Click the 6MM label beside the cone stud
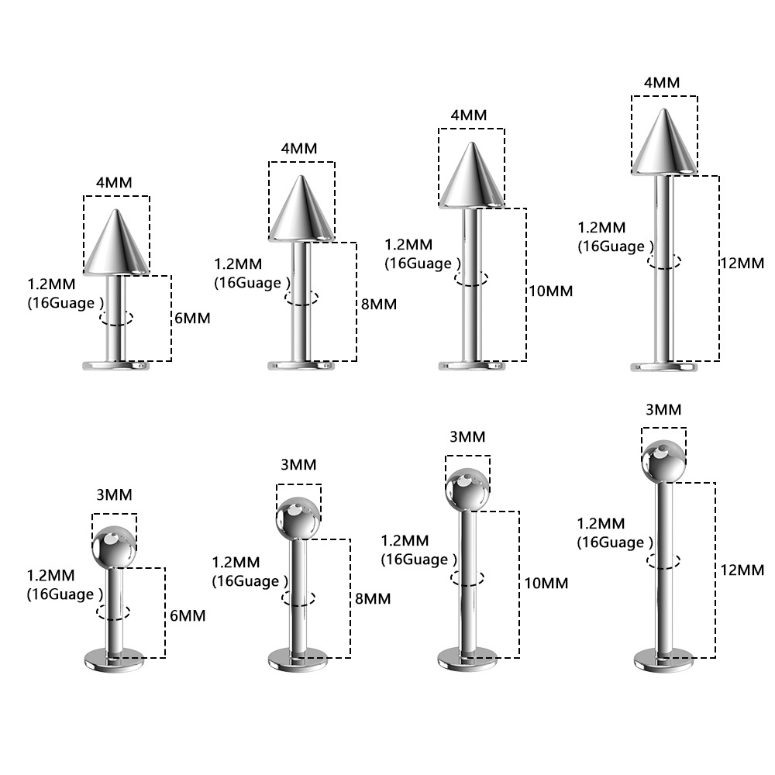coord(192,318)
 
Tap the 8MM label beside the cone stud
coord(379,304)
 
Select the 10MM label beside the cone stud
coord(550,291)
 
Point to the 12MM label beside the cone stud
coord(742,263)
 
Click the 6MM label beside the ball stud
coord(188,615)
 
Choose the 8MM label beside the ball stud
coord(373,598)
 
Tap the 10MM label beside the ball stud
coord(546,584)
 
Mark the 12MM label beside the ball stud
coord(742,570)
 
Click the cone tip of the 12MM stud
coord(664,110)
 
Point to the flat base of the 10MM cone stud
coord(471,367)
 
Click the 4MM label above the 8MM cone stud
coord(299,148)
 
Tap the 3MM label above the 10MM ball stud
coord(467,436)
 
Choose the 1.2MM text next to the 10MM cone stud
coord(408,244)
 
